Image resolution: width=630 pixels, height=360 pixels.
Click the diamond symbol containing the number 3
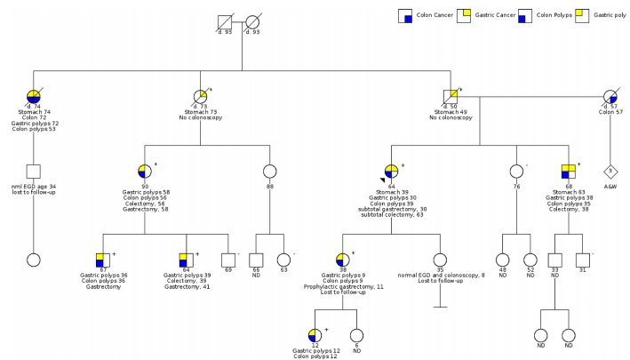pos(610,170)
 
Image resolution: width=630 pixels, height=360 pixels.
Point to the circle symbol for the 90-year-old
pos(145,171)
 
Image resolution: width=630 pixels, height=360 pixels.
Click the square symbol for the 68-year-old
pos(570,171)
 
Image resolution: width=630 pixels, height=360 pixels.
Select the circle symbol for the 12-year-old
pos(315,335)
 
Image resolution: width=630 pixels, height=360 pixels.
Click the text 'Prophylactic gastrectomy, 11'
pos(343,287)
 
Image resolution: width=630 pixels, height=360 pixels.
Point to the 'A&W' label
pos(610,188)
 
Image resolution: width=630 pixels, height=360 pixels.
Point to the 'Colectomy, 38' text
pos(570,209)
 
